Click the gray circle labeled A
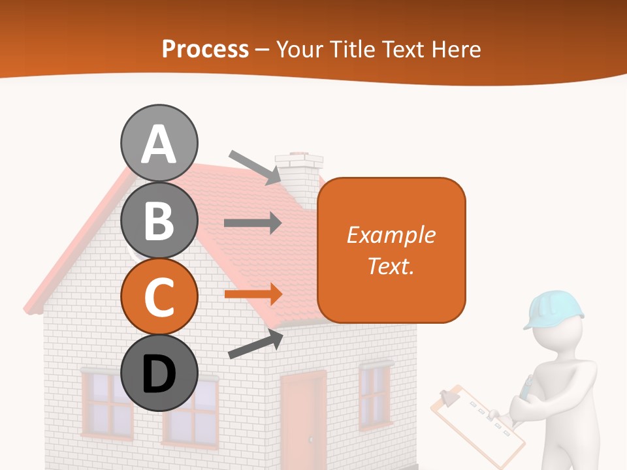click(x=159, y=144)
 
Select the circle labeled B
click(x=159, y=221)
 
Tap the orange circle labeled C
click(x=159, y=297)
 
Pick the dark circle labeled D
click(x=159, y=373)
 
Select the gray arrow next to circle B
click(x=253, y=223)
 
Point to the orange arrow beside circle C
click(x=253, y=294)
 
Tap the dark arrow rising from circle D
click(x=255, y=344)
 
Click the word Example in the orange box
click(x=391, y=234)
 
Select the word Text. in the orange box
click(x=391, y=266)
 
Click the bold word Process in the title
click(x=205, y=49)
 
